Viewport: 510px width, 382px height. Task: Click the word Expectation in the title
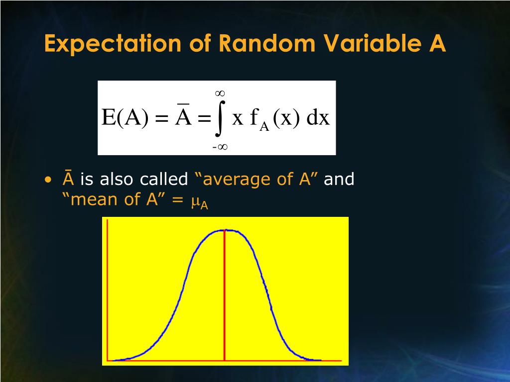tap(113, 43)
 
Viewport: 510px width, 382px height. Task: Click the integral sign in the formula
tap(220, 118)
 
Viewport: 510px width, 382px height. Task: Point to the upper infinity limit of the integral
tap(220, 94)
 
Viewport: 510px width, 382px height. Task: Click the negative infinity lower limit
tap(220, 147)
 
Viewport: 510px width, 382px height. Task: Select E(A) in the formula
tap(125, 117)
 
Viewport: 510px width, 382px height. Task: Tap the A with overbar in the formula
tap(183, 115)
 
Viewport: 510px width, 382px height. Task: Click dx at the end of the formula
tap(318, 117)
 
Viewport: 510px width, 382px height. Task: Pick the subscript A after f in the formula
tap(264, 126)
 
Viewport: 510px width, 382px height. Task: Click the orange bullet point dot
tap(48, 180)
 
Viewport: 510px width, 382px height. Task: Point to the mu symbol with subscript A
tap(200, 203)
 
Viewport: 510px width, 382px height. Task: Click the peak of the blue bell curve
tap(226, 230)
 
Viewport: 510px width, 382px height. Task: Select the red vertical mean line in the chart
tap(225, 295)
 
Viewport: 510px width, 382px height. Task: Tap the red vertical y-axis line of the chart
tap(108, 290)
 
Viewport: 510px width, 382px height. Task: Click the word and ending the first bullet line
tap(339, 179)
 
